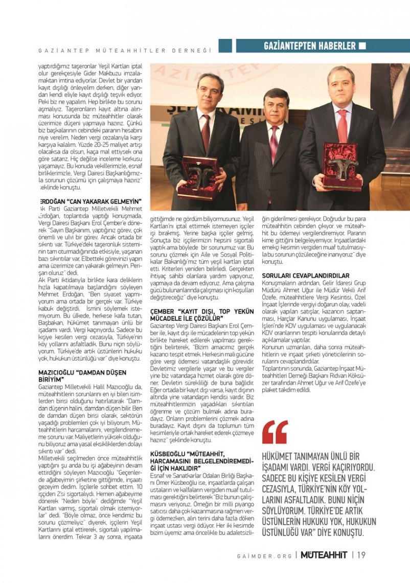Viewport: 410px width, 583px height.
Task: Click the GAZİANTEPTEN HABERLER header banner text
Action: coord(309,46)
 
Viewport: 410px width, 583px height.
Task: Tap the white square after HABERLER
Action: coord(362,46)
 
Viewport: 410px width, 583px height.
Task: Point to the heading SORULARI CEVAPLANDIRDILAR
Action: coord(306,276)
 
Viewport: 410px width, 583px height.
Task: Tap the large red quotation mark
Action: coord(275,432)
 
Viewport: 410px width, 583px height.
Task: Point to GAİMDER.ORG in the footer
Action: coord(264,555)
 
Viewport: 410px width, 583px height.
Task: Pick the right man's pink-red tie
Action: coord(341,126)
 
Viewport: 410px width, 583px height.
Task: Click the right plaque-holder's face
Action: coord(340,84)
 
